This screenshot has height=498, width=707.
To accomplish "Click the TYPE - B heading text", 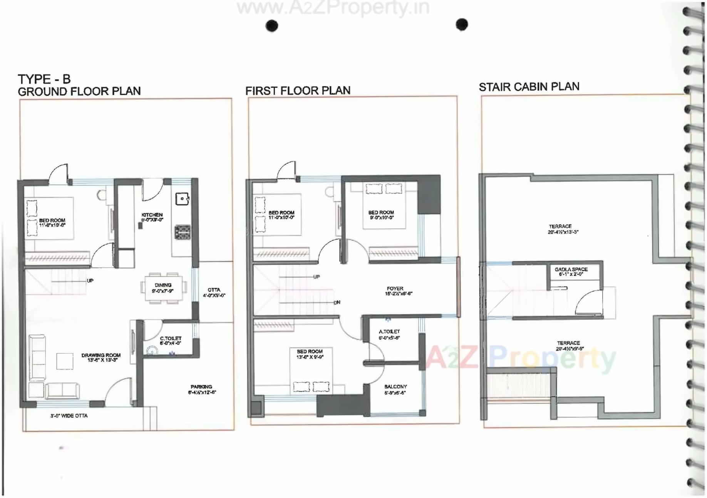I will [44, 79].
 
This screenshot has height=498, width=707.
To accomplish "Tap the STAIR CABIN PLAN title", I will [529, 87].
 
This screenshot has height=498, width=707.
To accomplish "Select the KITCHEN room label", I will [152, 215].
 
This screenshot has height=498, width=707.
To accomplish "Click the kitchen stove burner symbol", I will [183, 232].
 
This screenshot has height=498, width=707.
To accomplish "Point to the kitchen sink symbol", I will [182, 199].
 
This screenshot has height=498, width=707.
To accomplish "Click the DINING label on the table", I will [163, 285].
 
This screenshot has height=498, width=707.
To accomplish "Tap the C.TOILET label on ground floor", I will [171, 338].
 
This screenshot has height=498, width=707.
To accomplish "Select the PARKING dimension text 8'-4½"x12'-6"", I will [202, 393].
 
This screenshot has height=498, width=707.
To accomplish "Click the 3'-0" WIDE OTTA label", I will [69, 416].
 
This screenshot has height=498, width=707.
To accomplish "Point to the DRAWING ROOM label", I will [101, 355].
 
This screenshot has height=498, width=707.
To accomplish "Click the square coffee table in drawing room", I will [65, 361].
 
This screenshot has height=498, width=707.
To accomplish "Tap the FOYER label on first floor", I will [395, 288].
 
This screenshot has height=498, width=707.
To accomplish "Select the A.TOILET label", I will [389, 331].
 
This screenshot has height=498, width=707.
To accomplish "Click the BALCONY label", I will [395, 386].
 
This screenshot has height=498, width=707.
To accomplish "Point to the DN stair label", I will [337, 302].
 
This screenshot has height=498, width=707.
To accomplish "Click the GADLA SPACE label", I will [571, 269].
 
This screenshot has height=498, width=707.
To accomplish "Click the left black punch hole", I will [272, 26].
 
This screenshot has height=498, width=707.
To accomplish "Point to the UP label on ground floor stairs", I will [90, 281].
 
